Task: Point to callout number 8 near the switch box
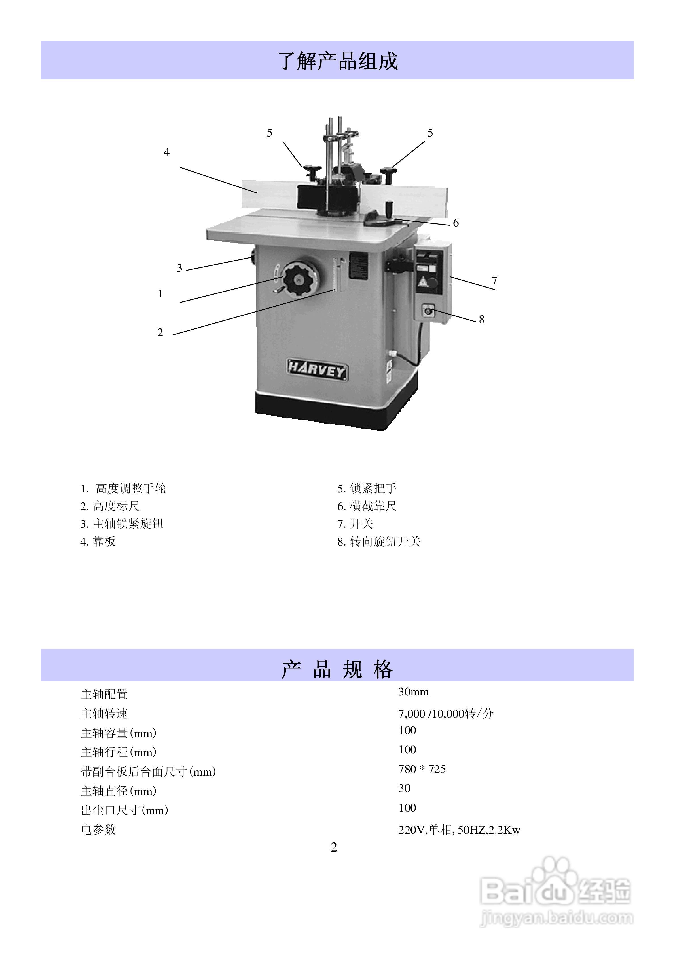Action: point(481,319)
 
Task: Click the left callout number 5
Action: point(270,133)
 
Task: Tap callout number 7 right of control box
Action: point(494,281)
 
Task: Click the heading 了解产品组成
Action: point(338,61)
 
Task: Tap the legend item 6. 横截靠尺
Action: point(367,506)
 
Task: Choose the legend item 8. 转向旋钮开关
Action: point(379,542)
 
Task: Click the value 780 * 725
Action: point(422,770)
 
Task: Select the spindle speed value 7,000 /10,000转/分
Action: point(445,714)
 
